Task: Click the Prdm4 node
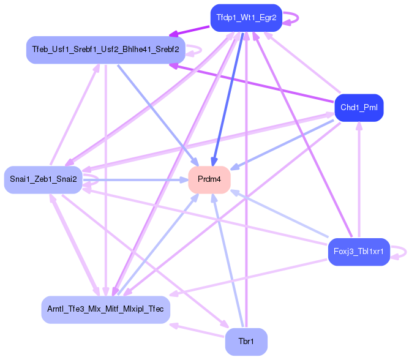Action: tap(209, 179)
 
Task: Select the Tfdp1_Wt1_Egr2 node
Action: tap(246, 18)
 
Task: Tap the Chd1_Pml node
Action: tap(359, 108)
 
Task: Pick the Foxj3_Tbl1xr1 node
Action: tap(358, 252)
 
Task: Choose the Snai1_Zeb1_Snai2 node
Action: tap(43, 179)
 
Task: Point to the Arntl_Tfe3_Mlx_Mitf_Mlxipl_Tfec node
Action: tap(106, 309)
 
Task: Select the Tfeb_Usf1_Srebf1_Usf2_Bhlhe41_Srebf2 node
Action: tap(106, 49)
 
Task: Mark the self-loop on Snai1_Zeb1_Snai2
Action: tap(92, 179)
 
